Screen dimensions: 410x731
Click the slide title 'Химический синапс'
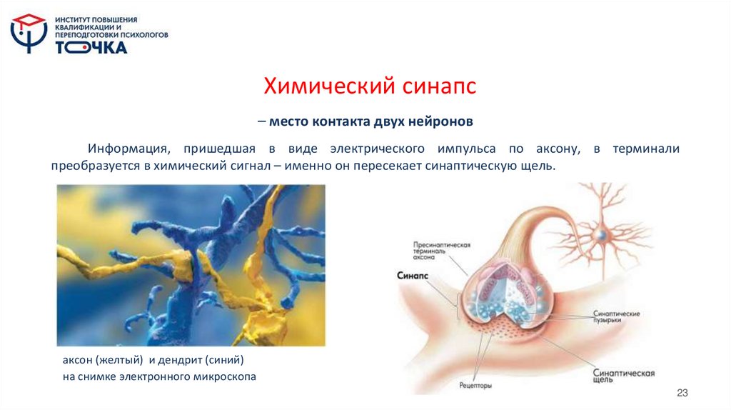(370, 87)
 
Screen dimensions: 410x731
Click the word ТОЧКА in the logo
(91, 47)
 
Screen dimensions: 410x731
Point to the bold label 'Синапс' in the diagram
(413, 275)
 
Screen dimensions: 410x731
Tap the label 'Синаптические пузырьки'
(616, 317)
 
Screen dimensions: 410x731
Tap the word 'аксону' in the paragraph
(555, 149)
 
